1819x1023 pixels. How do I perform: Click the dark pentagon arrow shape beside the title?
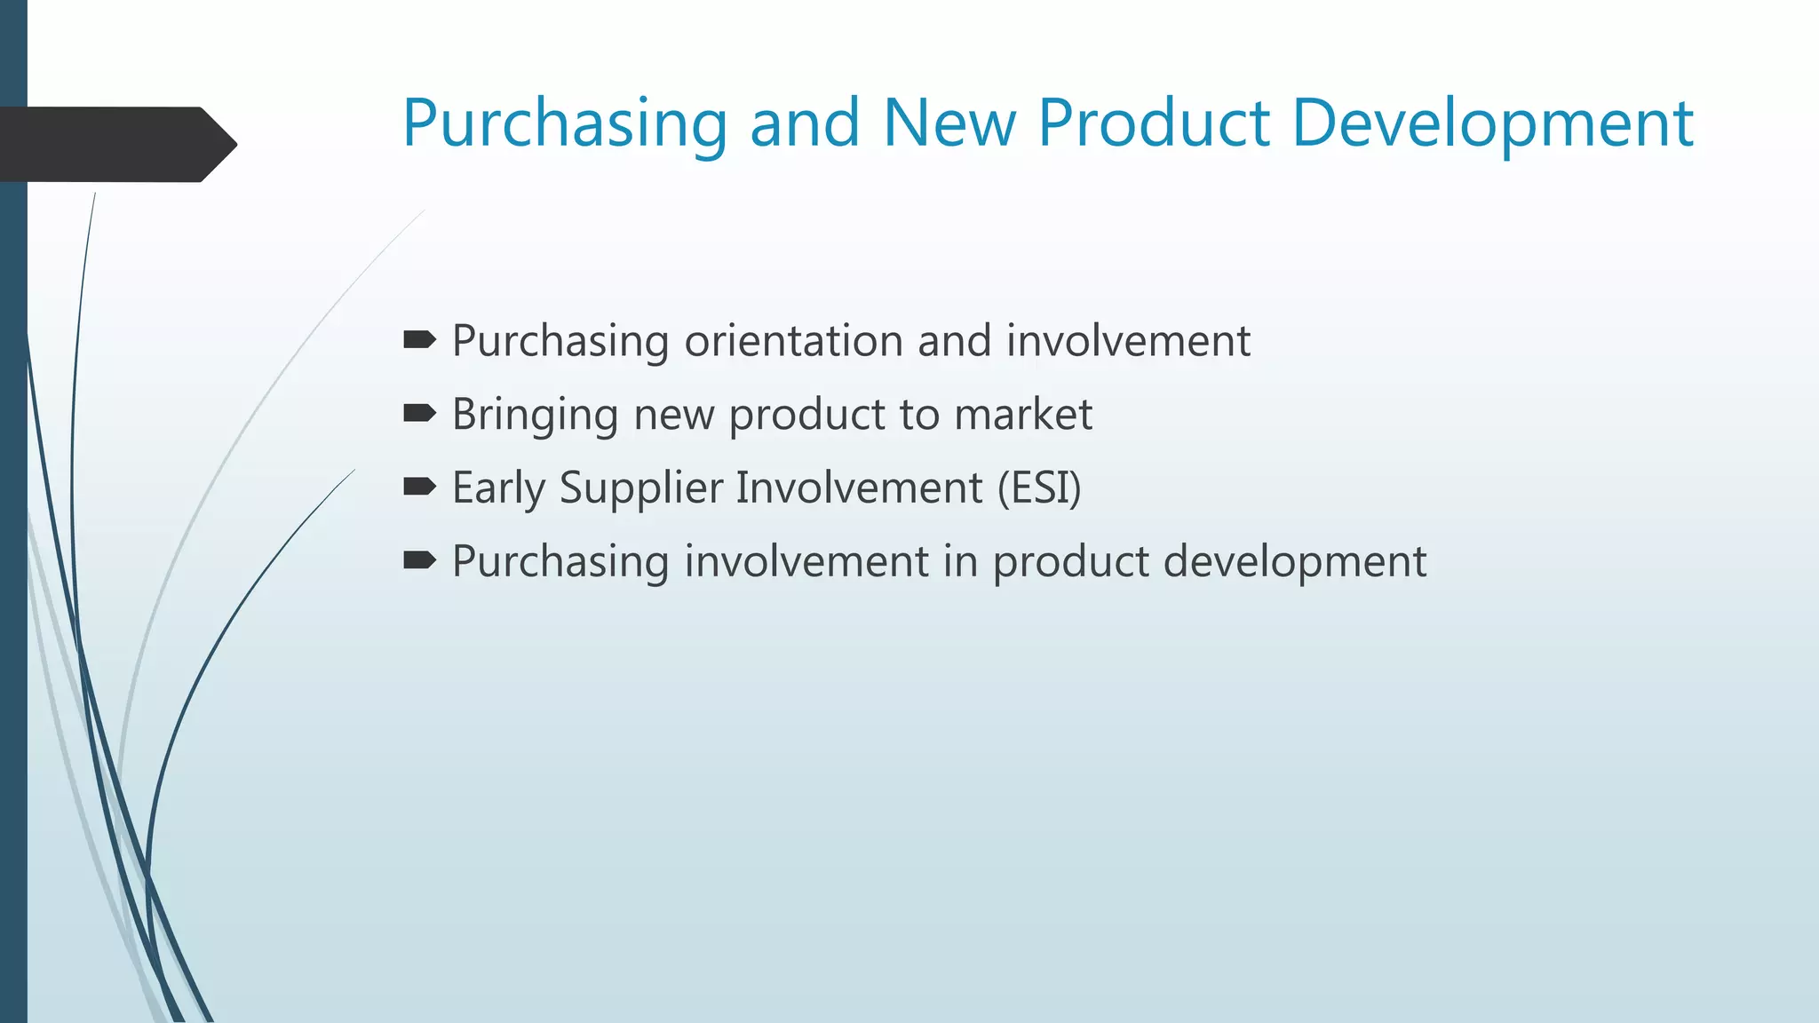[x=115, y=145]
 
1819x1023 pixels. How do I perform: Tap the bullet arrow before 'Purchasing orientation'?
[x=419, y=340]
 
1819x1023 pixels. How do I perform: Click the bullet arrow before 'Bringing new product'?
[x=419, y=414]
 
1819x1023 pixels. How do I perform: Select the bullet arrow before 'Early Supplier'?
[x=419, y=487]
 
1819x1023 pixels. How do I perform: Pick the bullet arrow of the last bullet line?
[x=419, y=560]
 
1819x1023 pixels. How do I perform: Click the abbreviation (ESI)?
[x=1039, y=488]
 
